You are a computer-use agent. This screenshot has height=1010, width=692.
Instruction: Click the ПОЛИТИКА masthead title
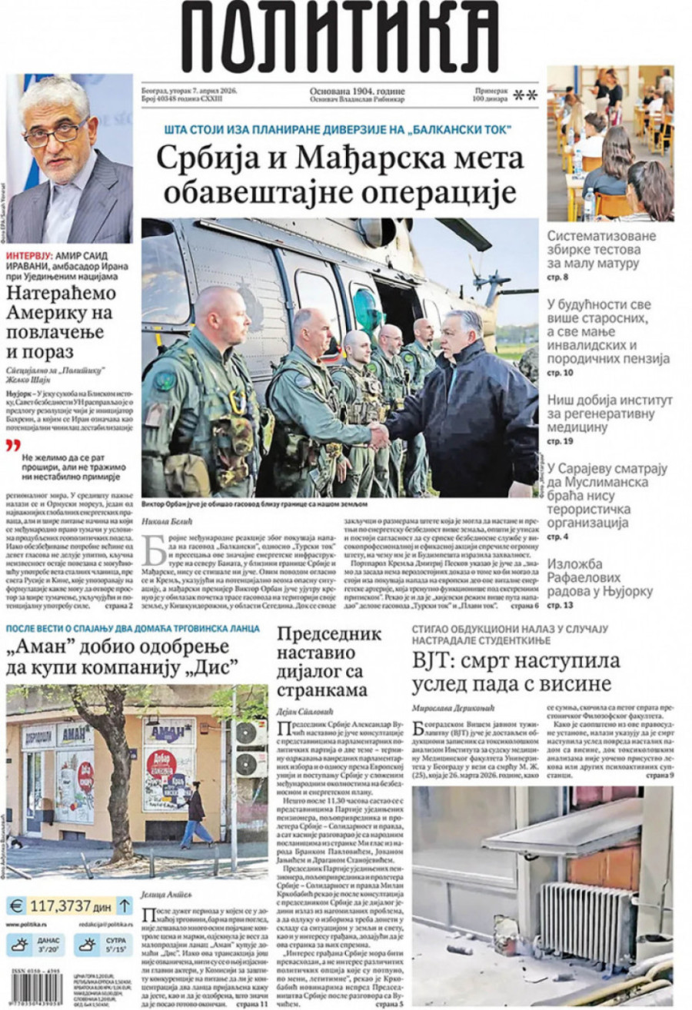click(x=341, y=37)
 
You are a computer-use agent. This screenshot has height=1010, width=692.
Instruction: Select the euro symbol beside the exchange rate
click(x=17, y=905)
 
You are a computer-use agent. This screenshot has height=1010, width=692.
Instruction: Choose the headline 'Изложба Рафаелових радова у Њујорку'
click(x=600, y=577)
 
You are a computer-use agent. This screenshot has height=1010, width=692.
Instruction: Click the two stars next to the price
click(x=525, y=95)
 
